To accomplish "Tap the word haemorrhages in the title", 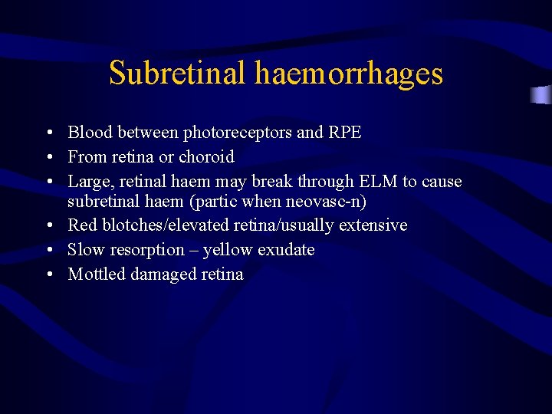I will [x=349, y=74].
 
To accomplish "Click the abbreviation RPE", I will [x=345, y=133].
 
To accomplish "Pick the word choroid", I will [x=206, y=157].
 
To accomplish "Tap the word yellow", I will [x=231, y=251].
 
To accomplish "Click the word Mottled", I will [x=97, y=274].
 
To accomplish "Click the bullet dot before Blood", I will [x=48, y=133].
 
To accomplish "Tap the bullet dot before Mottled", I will [x=48, y=275].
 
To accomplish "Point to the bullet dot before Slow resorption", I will [x=48, y=251].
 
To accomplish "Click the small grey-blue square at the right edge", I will [x=541, y=95].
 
